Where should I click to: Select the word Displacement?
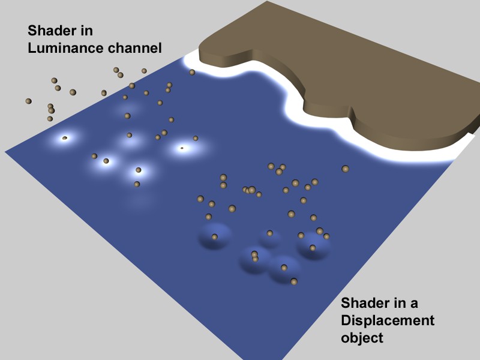388,320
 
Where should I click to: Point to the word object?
362,338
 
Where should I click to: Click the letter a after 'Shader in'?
414,304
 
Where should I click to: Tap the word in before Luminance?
87,31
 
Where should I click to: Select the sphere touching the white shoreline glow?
192,72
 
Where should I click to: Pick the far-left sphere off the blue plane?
28,101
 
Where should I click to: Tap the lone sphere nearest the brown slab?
346,169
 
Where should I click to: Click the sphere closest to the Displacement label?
294,281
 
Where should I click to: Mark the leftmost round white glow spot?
65,139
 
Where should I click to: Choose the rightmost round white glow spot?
182,148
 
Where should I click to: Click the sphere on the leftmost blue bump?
215,236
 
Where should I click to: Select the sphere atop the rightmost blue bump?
313,248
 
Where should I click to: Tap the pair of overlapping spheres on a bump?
254,257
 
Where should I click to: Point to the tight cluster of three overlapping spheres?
249,190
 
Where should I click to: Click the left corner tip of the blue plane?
5,151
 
